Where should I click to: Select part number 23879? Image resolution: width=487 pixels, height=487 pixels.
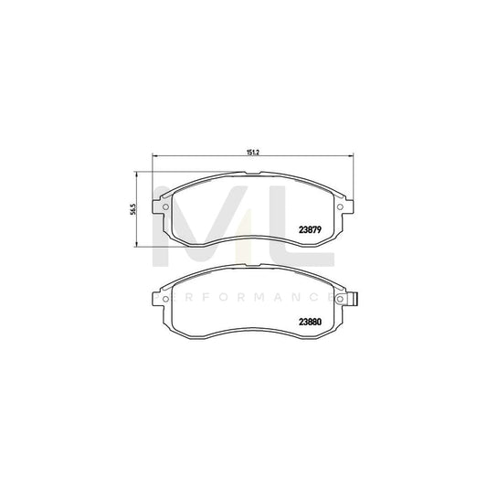coord(310,230)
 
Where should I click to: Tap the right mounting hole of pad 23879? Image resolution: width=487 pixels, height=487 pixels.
coord(341,205)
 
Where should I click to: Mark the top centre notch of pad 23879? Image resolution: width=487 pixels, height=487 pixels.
coord(252,178)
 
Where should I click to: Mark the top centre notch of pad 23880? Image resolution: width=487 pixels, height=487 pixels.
coord(252,269)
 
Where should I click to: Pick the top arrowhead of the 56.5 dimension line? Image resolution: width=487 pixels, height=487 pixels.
coord(137,175)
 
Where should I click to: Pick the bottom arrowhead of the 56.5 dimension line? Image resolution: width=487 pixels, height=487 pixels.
coord(137,247)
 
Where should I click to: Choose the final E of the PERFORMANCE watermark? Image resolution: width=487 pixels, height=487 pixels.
coord(326,297)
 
